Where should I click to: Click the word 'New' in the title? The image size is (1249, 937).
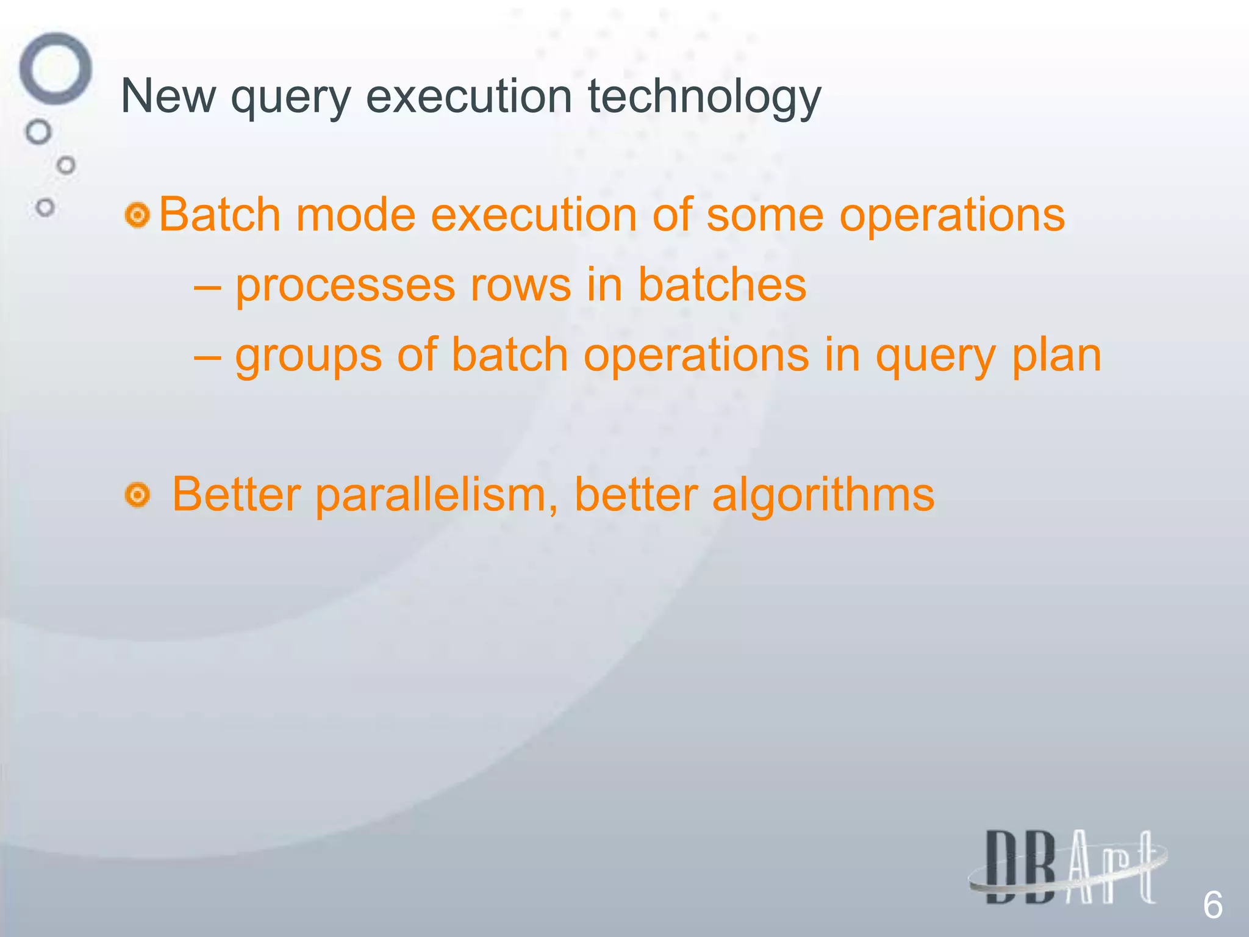coord(168,96)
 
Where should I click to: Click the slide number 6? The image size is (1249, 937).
coord(1212,905)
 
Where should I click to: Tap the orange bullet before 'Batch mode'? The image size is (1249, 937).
coord(137,216)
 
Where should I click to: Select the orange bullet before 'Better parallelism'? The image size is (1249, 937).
coord(137,495)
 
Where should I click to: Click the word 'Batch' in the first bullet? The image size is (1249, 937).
coord(220,215)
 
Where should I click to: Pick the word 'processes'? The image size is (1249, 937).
coord(345,285)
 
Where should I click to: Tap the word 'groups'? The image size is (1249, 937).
coord(309,356)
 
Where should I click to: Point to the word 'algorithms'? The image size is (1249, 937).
coord(823,495)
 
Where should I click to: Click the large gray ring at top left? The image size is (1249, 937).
coord(55,68)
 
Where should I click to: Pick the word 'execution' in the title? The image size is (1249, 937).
coord(468,96)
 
